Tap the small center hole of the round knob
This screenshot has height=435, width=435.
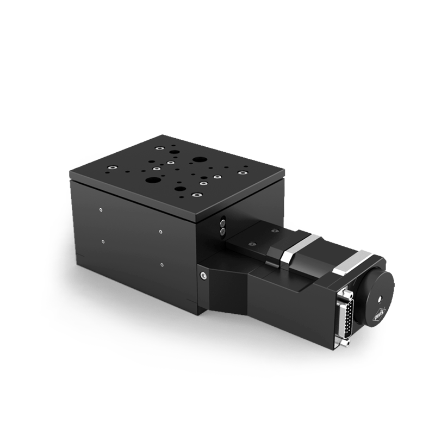(380, 300)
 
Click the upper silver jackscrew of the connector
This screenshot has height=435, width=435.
(346, 293)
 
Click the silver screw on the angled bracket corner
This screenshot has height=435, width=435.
(204, 275)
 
